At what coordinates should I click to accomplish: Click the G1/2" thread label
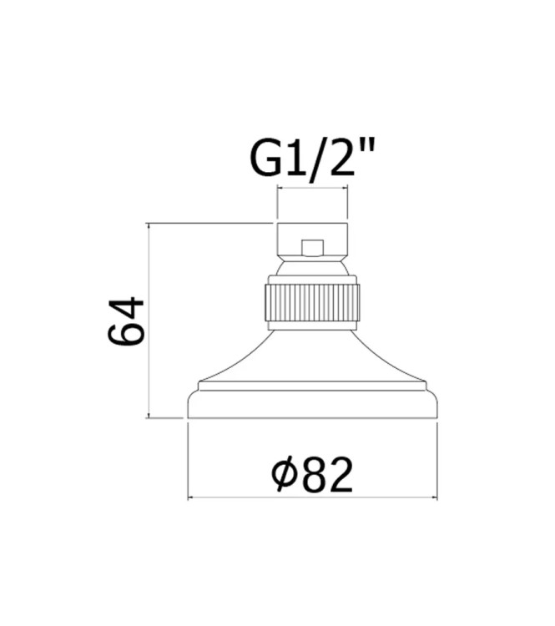click(x=312, y=158)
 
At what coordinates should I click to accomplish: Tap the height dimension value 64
click(x=128, y=320)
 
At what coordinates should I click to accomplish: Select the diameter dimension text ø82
click(x=313, y=475)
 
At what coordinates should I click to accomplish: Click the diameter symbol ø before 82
click(x=284, y=476)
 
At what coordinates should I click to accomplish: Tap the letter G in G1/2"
click(x=266, y=158)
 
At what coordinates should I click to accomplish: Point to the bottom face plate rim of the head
click(x=312, y=405)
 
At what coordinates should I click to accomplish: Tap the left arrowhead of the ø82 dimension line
click(x=191, y=499)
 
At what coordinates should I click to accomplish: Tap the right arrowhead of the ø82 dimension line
click(x=433, y=499)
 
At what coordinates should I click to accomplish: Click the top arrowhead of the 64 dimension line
click(x=149, y=226)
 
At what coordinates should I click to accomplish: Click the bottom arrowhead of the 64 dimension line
click(x=149, y=414)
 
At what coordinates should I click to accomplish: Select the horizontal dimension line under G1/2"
click(x=312, y=189)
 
